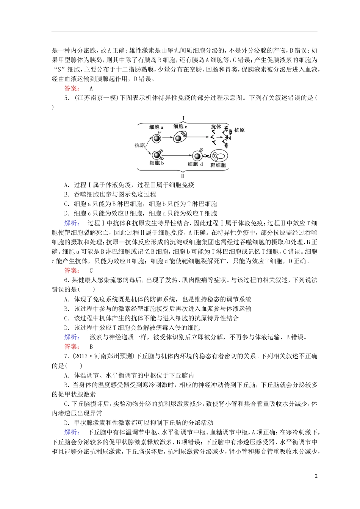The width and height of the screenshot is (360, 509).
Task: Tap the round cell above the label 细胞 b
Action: [x=156, y=154]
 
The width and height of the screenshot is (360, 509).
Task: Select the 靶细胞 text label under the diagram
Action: [x=218, y=166]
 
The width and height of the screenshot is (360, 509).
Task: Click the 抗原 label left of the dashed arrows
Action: [x=139, y=145]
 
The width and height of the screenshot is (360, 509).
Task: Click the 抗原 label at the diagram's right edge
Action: [x=239, y=130]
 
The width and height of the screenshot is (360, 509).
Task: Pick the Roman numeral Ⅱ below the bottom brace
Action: [x=183, y=176]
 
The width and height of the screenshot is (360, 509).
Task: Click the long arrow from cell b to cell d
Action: [x=177, y=155]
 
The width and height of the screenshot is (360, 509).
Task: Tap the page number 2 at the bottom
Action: [x=316, y=476]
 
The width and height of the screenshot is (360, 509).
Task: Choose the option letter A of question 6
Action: [x=66, y=300]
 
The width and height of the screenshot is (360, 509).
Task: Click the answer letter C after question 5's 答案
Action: [x=91, y=271]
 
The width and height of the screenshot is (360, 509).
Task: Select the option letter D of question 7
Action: [x=66, y=423]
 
